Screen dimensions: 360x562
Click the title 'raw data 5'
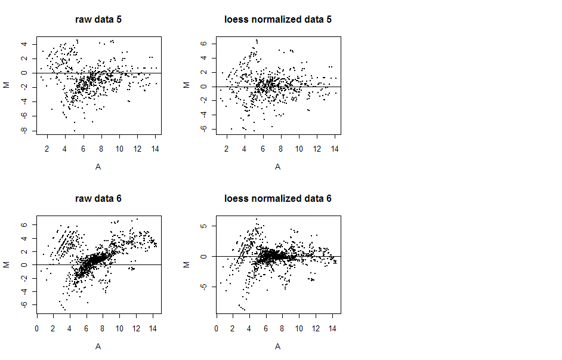coord(98,19)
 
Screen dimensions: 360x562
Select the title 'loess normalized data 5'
coord(277,19)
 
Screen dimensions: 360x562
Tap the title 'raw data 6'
coord(98,198)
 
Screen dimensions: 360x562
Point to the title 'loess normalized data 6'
coord(277,198)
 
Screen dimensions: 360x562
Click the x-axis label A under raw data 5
coord(98,167)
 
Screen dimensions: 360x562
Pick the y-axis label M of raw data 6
coord(7,264)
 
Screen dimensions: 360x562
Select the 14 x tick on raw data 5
coord(155,149)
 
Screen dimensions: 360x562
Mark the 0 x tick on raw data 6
coord(37,328)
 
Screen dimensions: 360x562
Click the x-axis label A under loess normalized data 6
coord(277,346)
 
